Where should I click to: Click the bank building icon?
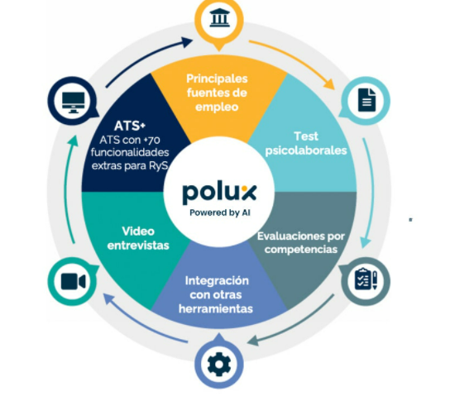(x=219, y=18)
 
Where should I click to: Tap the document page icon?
(x=366, y=100)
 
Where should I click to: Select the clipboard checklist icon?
(x=366, y=279)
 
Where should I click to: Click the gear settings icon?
(x=219, y=365)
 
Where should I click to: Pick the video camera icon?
(x=73, y=281)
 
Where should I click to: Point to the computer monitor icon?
(x=74, y=103)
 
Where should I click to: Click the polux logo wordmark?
(x=219, y=193)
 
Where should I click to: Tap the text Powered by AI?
(x=220, y=212)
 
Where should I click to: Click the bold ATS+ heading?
(x=130, y=126)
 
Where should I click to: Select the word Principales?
(x=217, y=79)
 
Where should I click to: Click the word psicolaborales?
(x=306, y=150)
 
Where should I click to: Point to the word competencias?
(x=301, y=249)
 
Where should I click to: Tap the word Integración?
(x=217, y=280)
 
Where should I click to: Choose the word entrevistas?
(x=138, y=246)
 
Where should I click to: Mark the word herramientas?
(x=216, y=308)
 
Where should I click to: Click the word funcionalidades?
(x=130, y=152)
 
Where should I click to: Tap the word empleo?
(x=217, y=107)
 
